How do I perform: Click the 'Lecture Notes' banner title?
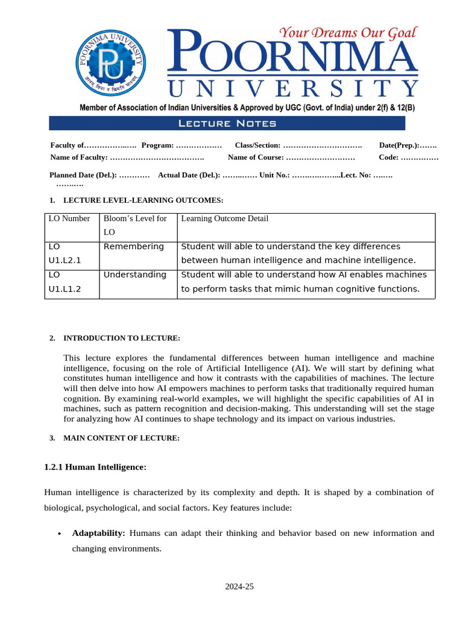tap(227, 124)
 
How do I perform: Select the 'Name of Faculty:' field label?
tap(79, 158)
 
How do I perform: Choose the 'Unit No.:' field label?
tap(275, 175)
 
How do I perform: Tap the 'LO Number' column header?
tap(69, 218)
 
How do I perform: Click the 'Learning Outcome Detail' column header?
tap(225, 218)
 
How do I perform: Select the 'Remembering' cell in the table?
tap(134, 246)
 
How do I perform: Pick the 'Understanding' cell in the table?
tap(135, 275)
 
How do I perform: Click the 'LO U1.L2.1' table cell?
tap(65, 253)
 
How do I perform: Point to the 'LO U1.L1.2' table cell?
tap(65, 282)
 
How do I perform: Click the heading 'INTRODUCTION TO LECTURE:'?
tap(122, 338)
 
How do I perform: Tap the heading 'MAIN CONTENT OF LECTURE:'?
tap(121, 438)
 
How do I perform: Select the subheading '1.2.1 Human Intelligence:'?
tap(95, 467)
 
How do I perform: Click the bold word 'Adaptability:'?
tap(98, 534)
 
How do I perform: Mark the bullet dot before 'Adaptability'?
tap(58, 534)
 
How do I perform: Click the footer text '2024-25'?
tap(240, 586)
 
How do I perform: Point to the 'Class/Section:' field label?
tap(257, 145)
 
